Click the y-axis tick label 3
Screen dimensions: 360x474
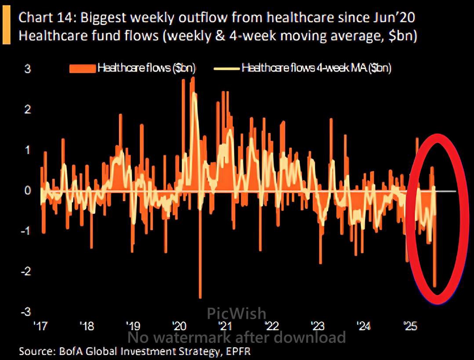point(27,69)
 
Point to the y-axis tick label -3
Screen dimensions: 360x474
point(26,312)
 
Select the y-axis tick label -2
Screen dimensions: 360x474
point(26,271)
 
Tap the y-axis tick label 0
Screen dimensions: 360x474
point(27,190)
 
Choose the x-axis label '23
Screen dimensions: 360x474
point(317,326)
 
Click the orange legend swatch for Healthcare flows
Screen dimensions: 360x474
point(82,69)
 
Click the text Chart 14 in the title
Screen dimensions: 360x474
point(46,18)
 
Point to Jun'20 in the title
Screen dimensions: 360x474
point(395,18)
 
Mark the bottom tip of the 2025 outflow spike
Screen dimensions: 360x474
point(435,286)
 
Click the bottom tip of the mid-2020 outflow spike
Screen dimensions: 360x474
point(200,297)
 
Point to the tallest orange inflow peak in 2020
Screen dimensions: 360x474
point(192,77)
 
